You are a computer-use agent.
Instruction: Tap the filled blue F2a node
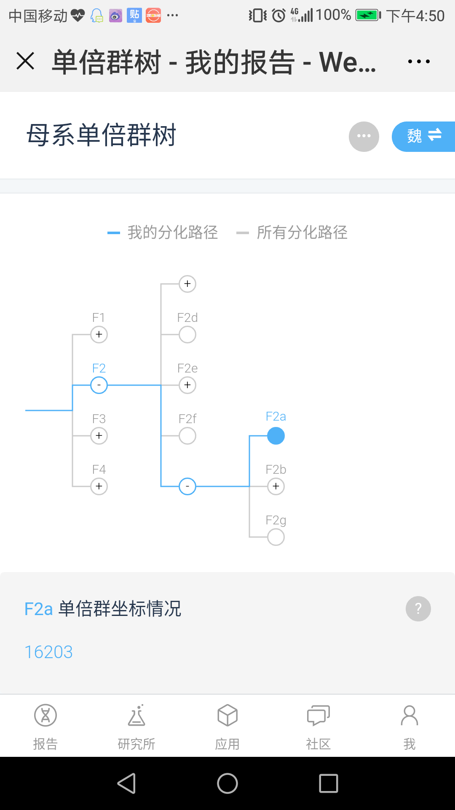[x=276, y=436]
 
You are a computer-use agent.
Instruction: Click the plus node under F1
[x=99, y=335]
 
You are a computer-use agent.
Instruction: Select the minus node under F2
[x=99, y=385]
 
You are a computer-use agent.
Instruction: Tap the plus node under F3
[x=99, y=436]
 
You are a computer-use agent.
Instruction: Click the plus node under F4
[x=99, y=486]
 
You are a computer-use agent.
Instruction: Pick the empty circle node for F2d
[x=187, y=335]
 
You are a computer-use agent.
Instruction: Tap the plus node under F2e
[x=187, y=385]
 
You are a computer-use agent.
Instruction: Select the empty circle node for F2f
[x=187, y=436]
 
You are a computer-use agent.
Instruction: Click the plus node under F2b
[x=276, y=486]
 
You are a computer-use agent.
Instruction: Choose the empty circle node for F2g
[x=276, y=537]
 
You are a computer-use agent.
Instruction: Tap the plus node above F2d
[x=187, y=284]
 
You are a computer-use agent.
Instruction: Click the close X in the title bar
[x=25, y=61]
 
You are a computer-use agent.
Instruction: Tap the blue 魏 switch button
[x=423, y=136]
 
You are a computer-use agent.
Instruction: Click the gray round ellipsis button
[x=364, y=136]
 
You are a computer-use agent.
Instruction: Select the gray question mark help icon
[x=418, y=609]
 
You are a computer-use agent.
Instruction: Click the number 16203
[x=49, y=652]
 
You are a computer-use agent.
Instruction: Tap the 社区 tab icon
[x=318, y=716]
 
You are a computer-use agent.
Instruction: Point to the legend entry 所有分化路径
[x=302, y=232]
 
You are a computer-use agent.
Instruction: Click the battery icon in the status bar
[x=368, y=16]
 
